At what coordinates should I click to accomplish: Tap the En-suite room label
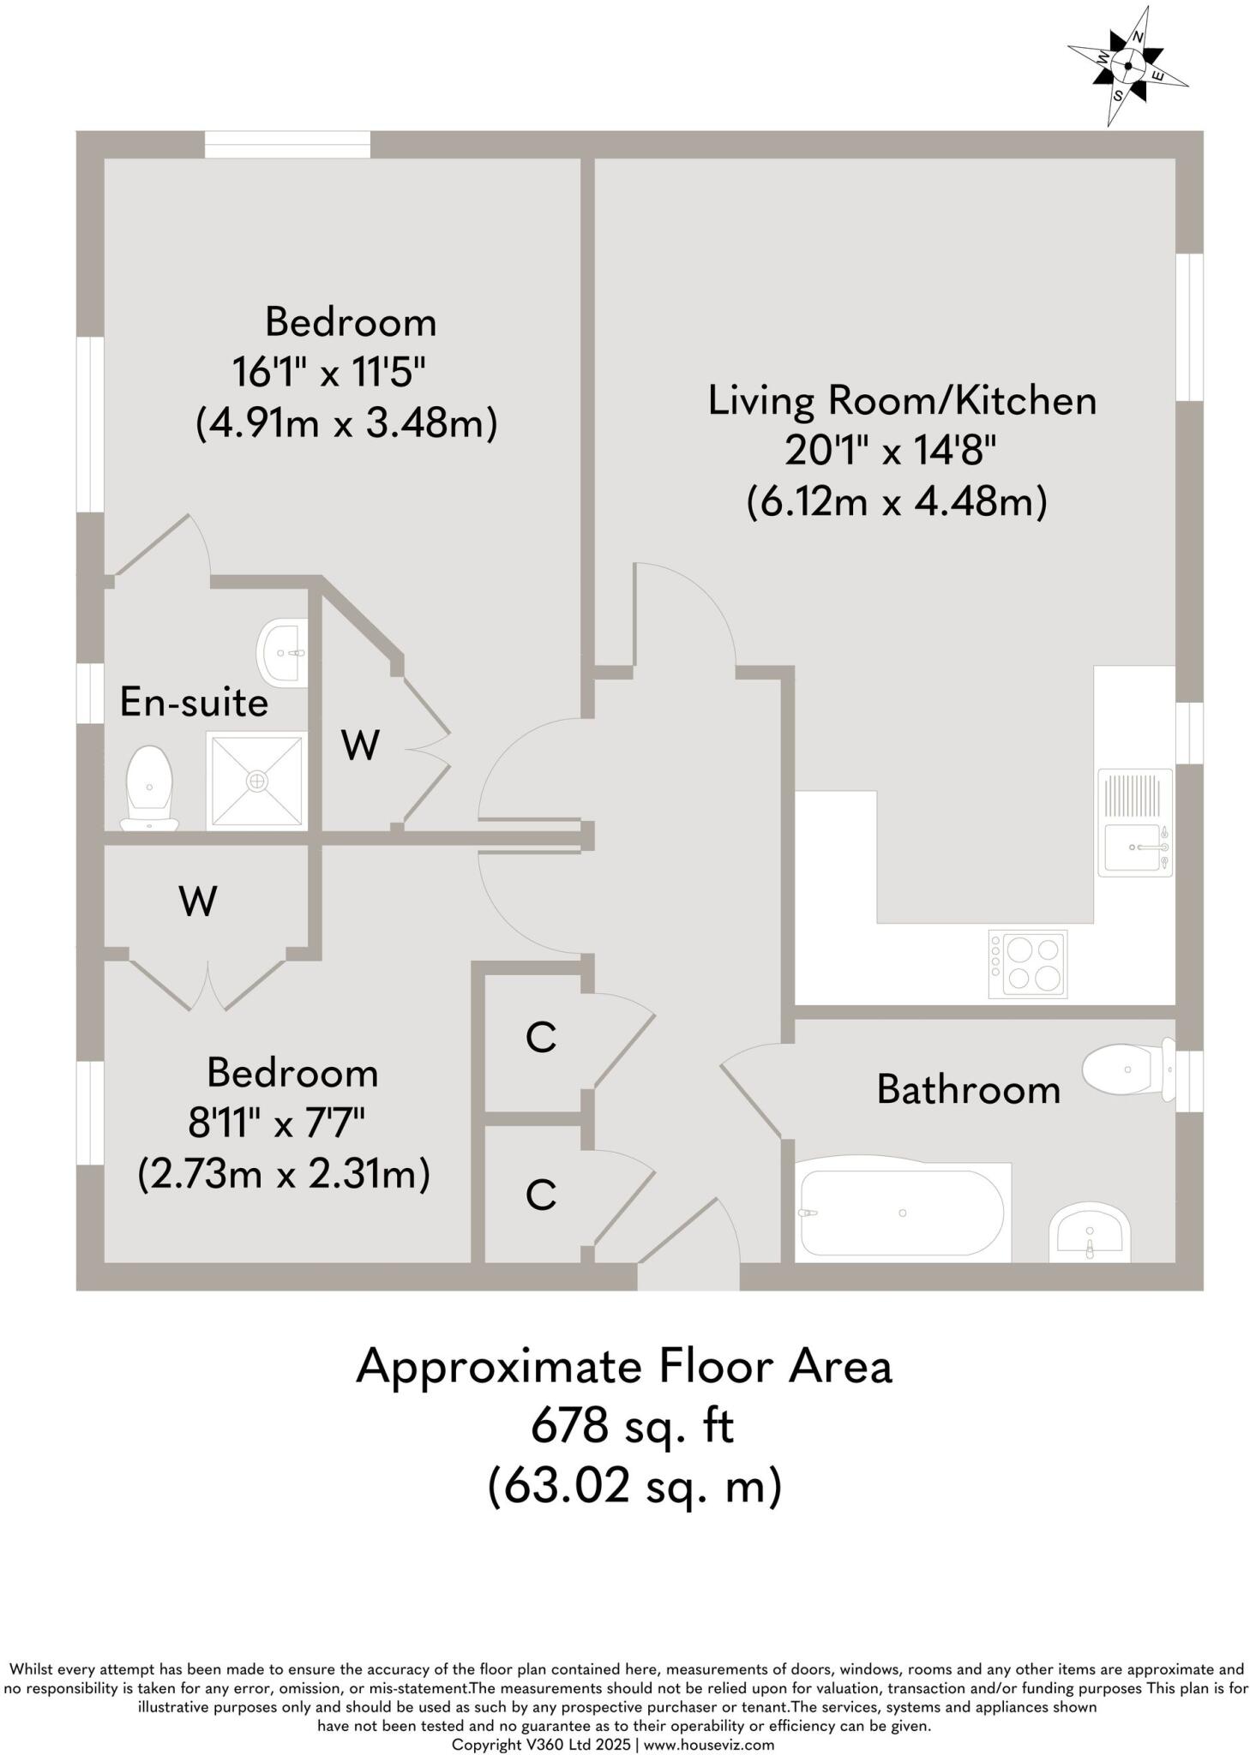[194, 703]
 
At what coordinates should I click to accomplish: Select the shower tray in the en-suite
[256, 780]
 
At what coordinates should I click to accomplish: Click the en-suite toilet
[150, 788]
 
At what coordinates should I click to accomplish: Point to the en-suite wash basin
[282, 653]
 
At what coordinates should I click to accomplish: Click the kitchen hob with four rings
[1027, 964]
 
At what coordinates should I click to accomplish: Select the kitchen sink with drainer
[1133, 822]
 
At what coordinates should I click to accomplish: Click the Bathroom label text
[968, 1090]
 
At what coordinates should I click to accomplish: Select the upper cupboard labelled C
[540, 1038]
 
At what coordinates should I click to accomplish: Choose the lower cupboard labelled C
[540, 1194]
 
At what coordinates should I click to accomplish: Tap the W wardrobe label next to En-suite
[360, 746]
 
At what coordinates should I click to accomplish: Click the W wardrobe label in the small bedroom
[198, 901]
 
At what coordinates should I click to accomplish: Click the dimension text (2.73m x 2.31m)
[283, 1173]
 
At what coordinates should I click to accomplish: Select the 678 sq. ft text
[632, 1427]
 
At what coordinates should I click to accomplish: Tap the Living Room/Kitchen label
[902, 401]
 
